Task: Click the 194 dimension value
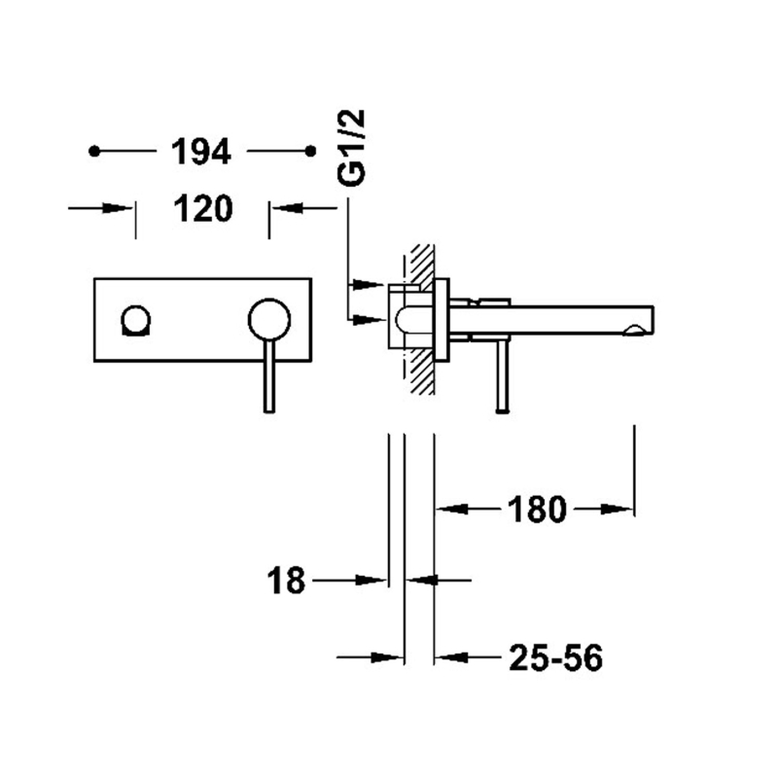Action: click(201, 152)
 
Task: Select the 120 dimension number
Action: click(203, 208)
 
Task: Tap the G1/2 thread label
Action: click(351, 148)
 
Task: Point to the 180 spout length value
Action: click(537, 509)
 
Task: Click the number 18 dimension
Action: click(286, 581)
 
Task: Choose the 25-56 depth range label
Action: click(555, 658)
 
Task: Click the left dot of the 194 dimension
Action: click(94, 151)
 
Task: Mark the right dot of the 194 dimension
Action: click(310, 151)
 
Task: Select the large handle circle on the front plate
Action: click(269, 320)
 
